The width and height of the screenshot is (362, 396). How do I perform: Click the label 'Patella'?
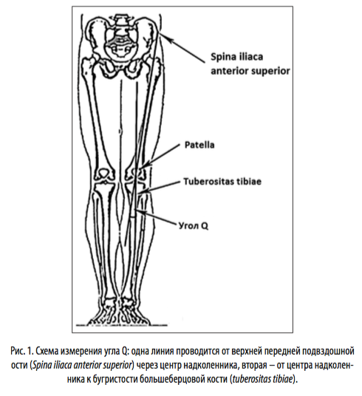[199, 145]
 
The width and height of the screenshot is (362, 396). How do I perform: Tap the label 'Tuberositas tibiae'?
[222, 182]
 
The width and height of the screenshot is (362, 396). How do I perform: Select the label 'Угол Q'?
[194, 225]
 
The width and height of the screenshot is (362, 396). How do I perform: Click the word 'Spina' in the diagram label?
[223, 57]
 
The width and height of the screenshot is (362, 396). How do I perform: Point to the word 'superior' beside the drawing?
[271, 72]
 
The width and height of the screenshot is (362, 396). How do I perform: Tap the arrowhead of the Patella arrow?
[146, 165]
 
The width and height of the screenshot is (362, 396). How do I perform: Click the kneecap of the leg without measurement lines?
[103, 173]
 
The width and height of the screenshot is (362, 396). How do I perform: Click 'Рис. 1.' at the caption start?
[22, 351]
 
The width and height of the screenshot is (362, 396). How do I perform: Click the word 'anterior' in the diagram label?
[230, 72]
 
